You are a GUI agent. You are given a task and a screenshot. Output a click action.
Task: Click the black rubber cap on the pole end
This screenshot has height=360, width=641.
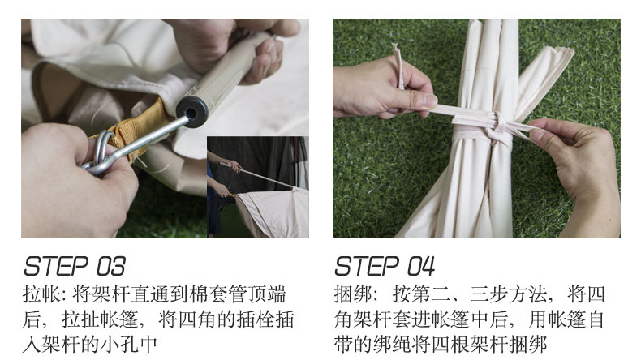click(x=192, y=111)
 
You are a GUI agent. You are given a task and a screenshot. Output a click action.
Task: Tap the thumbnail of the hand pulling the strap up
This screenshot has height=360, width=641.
click(x=428, y=101)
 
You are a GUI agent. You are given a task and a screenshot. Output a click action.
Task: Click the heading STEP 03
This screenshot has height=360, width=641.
click(x=75, y=267)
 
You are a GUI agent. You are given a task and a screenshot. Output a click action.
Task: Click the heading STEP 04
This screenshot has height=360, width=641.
click(x=385, y=267)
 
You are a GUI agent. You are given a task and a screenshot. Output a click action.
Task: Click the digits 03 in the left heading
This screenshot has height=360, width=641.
click(x=110, y=267)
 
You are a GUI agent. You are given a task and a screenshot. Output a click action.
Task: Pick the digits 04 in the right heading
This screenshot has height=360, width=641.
click(x=420, y=267)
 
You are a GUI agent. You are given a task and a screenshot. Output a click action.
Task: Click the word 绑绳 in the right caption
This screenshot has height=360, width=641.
click(x=392, y=345)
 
